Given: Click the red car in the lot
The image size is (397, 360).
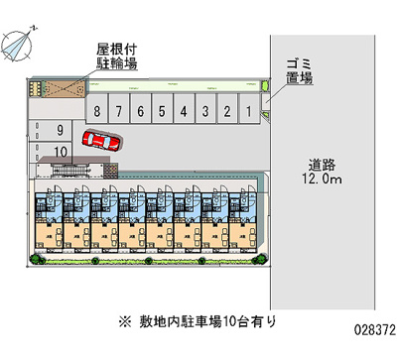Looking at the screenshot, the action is pos(99,141).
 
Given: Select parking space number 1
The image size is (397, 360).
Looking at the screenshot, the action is pos(249,112).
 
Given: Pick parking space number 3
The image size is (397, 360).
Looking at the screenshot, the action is pos(205,112).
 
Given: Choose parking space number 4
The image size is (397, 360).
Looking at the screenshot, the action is pos(185,112).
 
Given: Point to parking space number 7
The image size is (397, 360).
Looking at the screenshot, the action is pos(119,112).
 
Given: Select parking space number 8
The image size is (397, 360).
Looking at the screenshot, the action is pos(97,112).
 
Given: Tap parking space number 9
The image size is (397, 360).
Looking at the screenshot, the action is pos(61,130).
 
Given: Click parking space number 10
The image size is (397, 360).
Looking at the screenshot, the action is pos(61,151).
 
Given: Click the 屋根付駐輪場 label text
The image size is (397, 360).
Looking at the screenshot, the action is pos(116,56).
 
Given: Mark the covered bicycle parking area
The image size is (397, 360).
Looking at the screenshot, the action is pos(59,86).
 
